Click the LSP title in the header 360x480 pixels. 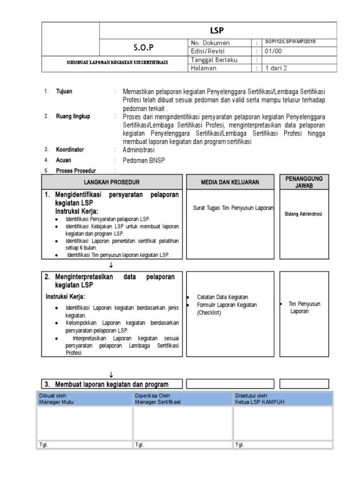[217, 30]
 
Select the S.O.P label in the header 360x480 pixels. [144, 47]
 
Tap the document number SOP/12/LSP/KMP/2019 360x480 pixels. [290, 42]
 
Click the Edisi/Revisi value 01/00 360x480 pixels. [273, 51]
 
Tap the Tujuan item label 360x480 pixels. [64, 91]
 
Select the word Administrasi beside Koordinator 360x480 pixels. [138, 150]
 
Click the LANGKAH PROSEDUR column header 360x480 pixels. [112, 182]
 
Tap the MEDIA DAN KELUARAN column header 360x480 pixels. [230, 182]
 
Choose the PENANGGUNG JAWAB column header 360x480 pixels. [301, 182]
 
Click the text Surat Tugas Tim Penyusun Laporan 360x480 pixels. [233, 207]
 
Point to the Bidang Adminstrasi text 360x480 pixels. [304, 214]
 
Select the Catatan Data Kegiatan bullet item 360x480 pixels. [222, 297]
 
